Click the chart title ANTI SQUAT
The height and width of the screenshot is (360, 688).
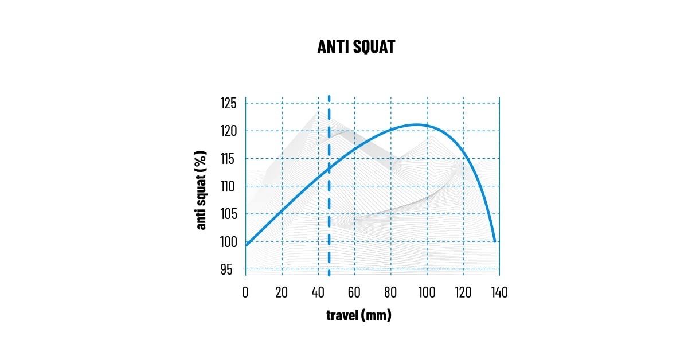(356, 46)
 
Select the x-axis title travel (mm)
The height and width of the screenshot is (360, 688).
(359, 315)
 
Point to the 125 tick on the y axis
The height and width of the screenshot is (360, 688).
(229, 104)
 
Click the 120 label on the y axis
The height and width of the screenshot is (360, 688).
(229, 131)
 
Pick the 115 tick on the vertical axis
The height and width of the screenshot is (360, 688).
(229, 159)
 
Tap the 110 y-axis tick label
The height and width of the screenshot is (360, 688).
(229, 186)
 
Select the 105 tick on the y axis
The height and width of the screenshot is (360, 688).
(229, 214)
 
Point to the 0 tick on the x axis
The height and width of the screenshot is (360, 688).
(245, 292)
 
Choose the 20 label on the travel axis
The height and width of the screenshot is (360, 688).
(282, 292)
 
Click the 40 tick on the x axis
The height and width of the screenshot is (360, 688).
(318, 292)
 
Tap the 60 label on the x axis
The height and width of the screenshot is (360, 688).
(354, 292)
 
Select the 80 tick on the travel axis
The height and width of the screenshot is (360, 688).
(390, 292)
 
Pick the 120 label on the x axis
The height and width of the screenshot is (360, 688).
(463, 292)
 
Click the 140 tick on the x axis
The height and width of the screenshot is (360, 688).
(499, 292)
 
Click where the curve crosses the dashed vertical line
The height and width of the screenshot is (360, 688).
(329, 168)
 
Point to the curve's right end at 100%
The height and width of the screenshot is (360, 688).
(494, 241)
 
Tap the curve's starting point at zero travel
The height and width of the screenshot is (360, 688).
(246, 245)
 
